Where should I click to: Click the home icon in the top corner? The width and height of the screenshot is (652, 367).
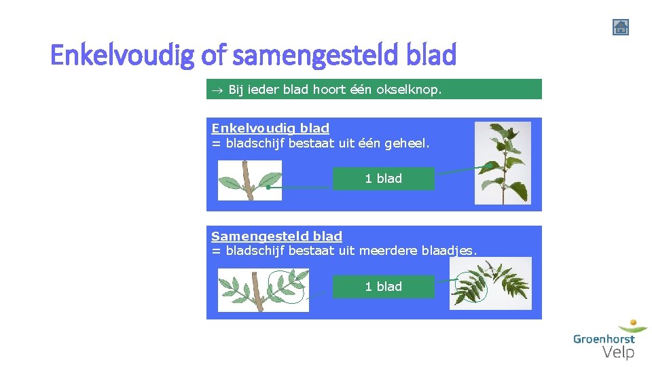click(620, 27)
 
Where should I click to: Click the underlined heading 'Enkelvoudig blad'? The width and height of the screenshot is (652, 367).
click(270, 128)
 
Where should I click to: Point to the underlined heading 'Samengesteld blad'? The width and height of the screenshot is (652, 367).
click(276, 237)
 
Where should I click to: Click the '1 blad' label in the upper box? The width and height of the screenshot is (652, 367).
click(383, 179)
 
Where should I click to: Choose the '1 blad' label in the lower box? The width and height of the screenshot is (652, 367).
click(383, 287)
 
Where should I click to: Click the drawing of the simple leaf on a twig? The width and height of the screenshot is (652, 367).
click(249, 181)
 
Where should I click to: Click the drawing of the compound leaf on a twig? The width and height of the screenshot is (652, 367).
click(263, 290)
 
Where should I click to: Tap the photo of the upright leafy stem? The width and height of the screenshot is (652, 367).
click(503, 163)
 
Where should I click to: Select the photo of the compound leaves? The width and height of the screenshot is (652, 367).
click(490, 283)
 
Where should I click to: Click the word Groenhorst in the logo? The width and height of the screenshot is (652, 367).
click(604, 338)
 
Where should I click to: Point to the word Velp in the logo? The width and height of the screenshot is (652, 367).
click(618, 352)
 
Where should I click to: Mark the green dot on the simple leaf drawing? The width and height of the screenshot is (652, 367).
click(269, 187)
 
